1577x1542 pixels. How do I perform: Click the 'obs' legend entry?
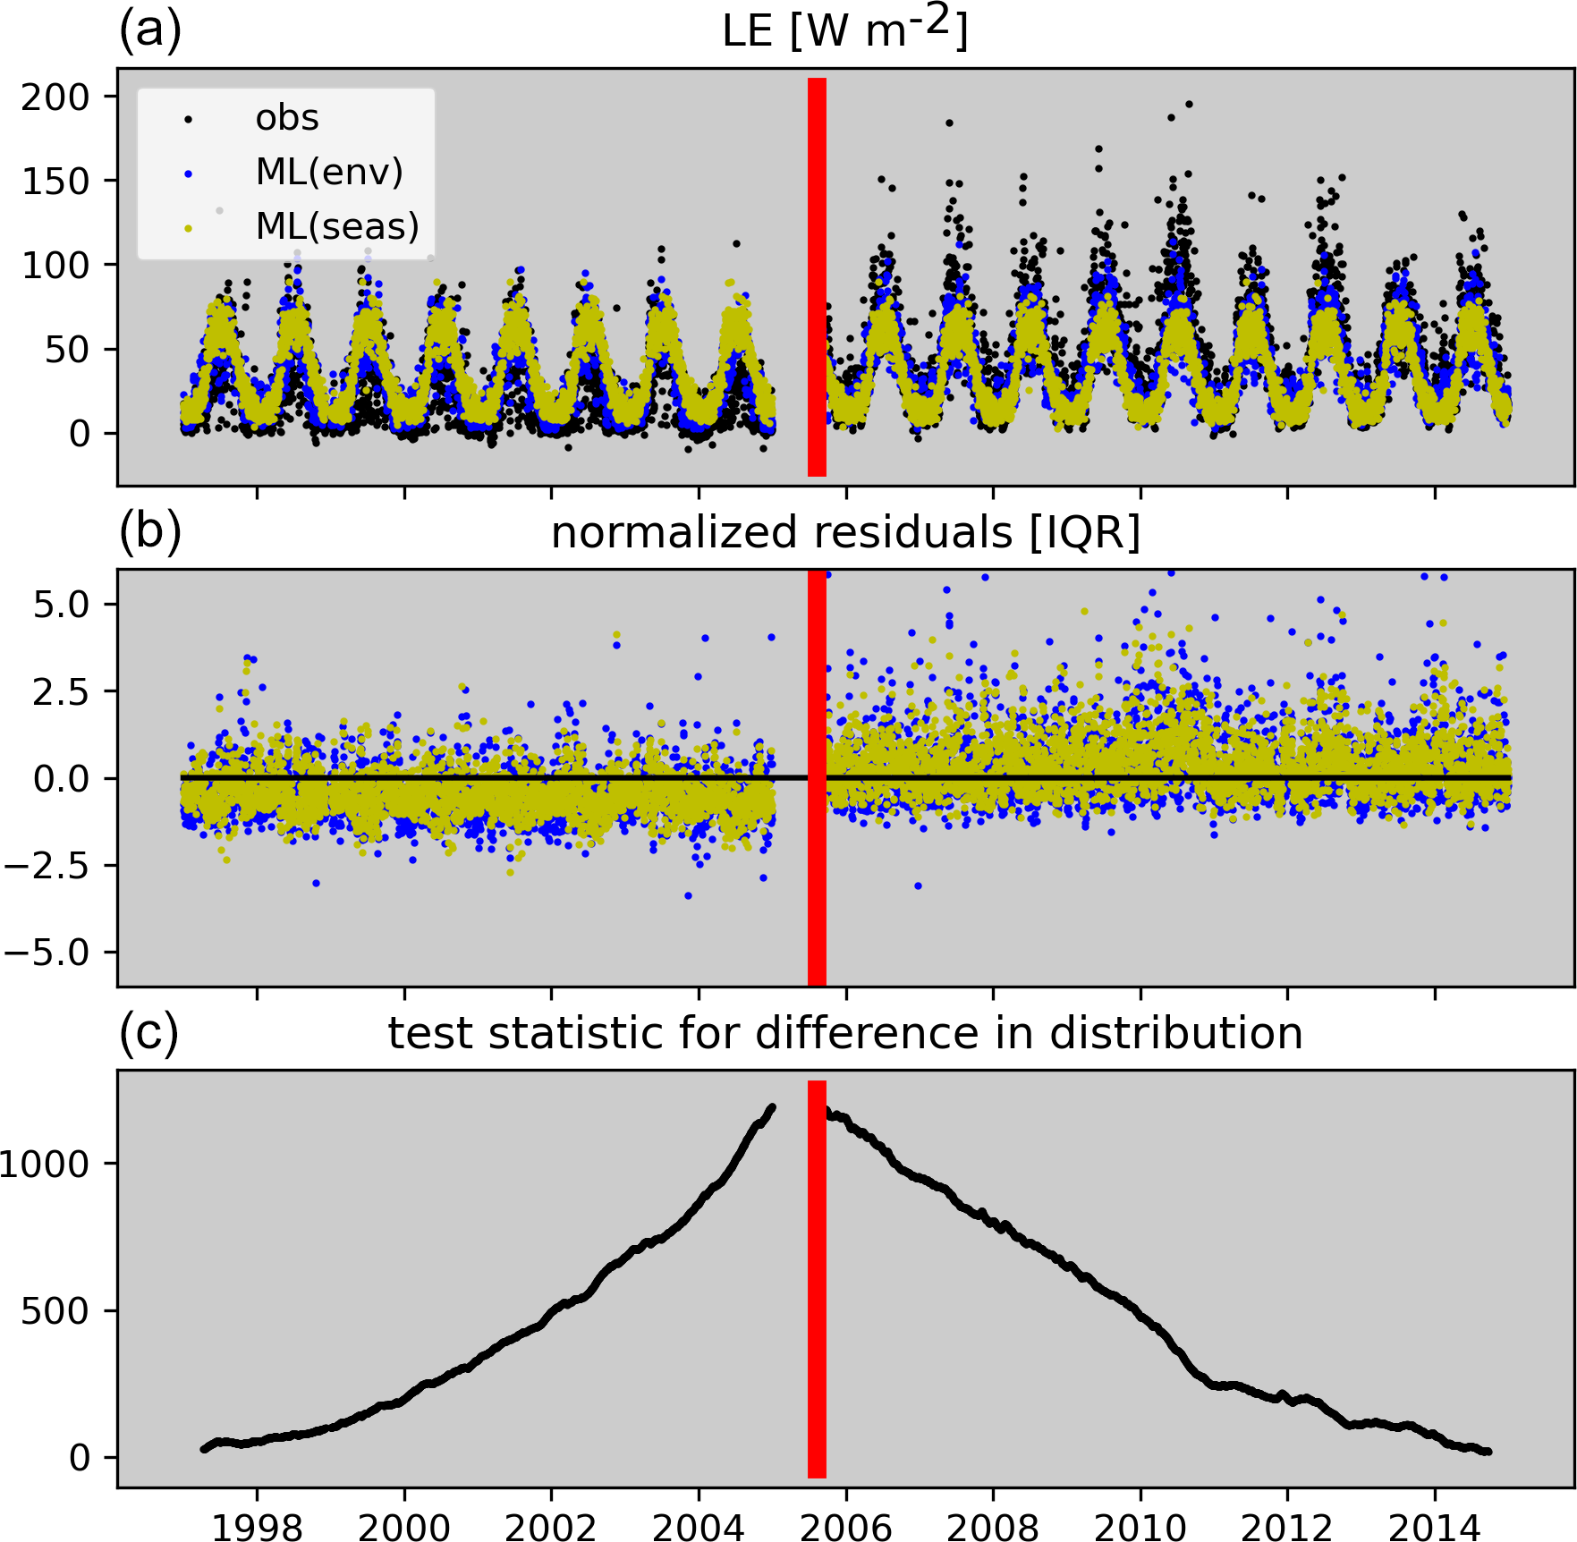[286, 118]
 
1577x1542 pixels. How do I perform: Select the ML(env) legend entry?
[328, 172]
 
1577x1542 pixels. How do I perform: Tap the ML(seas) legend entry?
[336, 226]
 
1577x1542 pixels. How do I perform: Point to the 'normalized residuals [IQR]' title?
[845, 532]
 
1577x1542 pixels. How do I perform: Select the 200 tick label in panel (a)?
[55, 97]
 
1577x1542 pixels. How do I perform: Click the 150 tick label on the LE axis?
[55, 181]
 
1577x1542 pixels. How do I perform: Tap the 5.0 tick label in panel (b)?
[62, 605]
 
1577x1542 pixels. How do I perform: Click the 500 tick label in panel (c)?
[55, 1311]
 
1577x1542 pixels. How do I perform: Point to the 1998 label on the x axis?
[258, 1524]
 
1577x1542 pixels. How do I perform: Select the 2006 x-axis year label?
[846, 1524]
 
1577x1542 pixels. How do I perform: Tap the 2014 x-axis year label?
[1435, 1524]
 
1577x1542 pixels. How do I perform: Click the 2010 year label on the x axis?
[1140, 1524]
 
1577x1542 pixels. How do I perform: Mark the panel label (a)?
[150, 30]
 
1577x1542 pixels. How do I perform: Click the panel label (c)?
[149, 1033]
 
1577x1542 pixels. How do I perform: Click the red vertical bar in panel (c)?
[817, 1279]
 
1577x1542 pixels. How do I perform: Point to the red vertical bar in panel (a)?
[817, 277]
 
